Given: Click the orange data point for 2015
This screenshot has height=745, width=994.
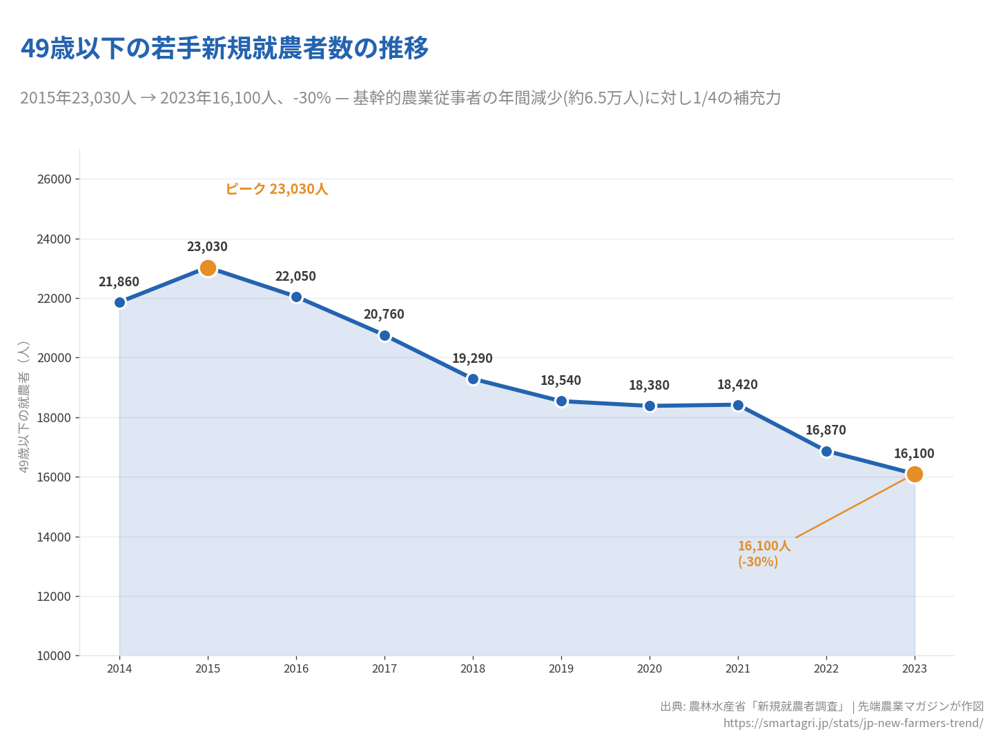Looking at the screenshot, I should [x=208, y=268].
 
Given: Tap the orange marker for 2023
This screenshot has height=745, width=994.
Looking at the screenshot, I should [x=915, y=474].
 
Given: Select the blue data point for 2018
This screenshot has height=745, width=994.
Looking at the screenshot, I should [x=473, y=379].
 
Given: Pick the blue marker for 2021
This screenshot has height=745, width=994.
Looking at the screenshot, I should [x=738, y=405].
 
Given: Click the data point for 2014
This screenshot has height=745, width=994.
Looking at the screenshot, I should [x=119, y=302].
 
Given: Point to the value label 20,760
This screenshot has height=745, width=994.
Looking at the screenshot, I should [x=384, y=315].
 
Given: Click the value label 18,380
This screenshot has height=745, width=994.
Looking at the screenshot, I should [x=649, y=386].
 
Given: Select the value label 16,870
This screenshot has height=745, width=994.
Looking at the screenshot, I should [x=826, y=430].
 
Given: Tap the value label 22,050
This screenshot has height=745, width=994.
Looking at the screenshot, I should [x=295, y=277].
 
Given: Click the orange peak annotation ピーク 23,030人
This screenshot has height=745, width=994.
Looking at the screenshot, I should [x=276, y=189].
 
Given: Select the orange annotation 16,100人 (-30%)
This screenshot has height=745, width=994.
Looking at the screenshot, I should [x=763, y=554].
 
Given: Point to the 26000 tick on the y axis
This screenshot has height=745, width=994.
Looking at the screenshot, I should [x=54, y=179].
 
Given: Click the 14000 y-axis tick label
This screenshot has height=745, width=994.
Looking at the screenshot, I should [x=54, y=537].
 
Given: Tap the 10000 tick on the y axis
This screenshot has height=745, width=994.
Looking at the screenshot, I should [x=54, y=656].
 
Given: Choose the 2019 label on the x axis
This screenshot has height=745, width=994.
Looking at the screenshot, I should [x=561, y=669].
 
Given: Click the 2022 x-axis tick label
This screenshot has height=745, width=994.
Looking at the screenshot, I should [x=826, y=669].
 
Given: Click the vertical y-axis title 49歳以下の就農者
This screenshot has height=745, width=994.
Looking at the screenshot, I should [x=24, y=407].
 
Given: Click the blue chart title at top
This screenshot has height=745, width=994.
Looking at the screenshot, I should [x=224, y=48].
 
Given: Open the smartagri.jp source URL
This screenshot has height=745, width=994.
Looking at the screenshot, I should [x=853, y=723].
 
